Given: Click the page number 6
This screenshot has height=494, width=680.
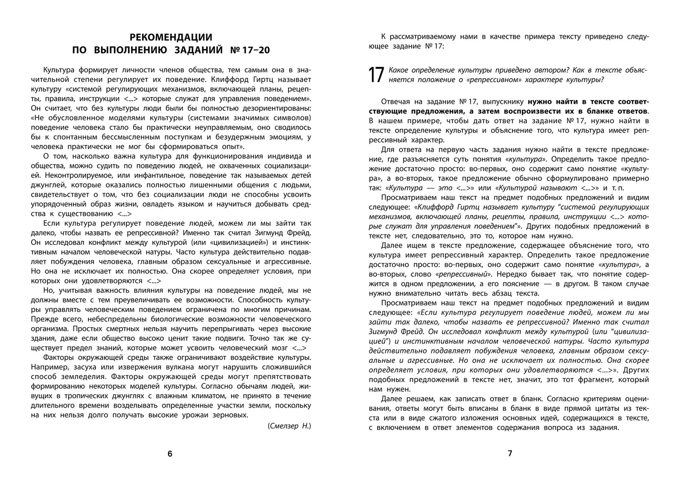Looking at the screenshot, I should tap(170, 454).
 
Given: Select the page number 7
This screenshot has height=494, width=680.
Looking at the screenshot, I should tap(510, 454).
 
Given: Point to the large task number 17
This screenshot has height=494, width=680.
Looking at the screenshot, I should tap(376, 75).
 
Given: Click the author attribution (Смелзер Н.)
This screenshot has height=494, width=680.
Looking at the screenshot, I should tap(289, 426).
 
